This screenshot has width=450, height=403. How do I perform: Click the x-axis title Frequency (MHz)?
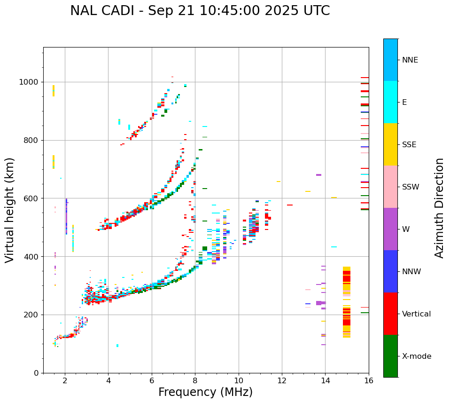click(205, 392)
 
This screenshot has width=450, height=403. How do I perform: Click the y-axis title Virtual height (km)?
click(10, 210)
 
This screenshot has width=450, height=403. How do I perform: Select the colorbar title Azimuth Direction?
click(439, 208)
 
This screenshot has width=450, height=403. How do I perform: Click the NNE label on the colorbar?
click(410, 60)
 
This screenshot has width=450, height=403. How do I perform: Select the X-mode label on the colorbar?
click(416, 356)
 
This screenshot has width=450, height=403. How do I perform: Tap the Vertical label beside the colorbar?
click(416, 314)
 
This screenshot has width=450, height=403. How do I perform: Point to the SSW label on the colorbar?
click(411, 187)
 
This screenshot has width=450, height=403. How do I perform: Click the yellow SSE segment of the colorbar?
click(390, 144)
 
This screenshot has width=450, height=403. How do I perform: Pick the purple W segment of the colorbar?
click(390, 229)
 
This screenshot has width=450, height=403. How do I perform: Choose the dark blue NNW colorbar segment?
click(390, 271)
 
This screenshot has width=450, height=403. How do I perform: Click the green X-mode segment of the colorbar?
click(390, 356)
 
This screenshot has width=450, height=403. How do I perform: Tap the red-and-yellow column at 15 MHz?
click(347, 302)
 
